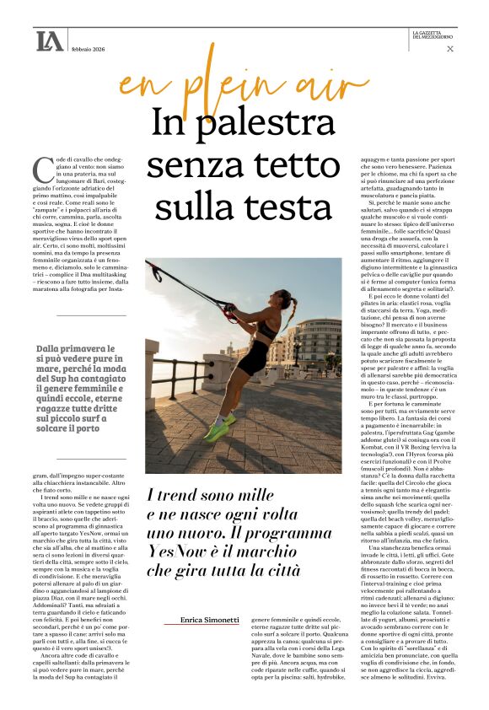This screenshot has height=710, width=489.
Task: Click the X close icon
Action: pyautogui.click(x=450, y=49)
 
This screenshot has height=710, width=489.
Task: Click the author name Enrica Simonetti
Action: pyautogui.click(x=211, y=620)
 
